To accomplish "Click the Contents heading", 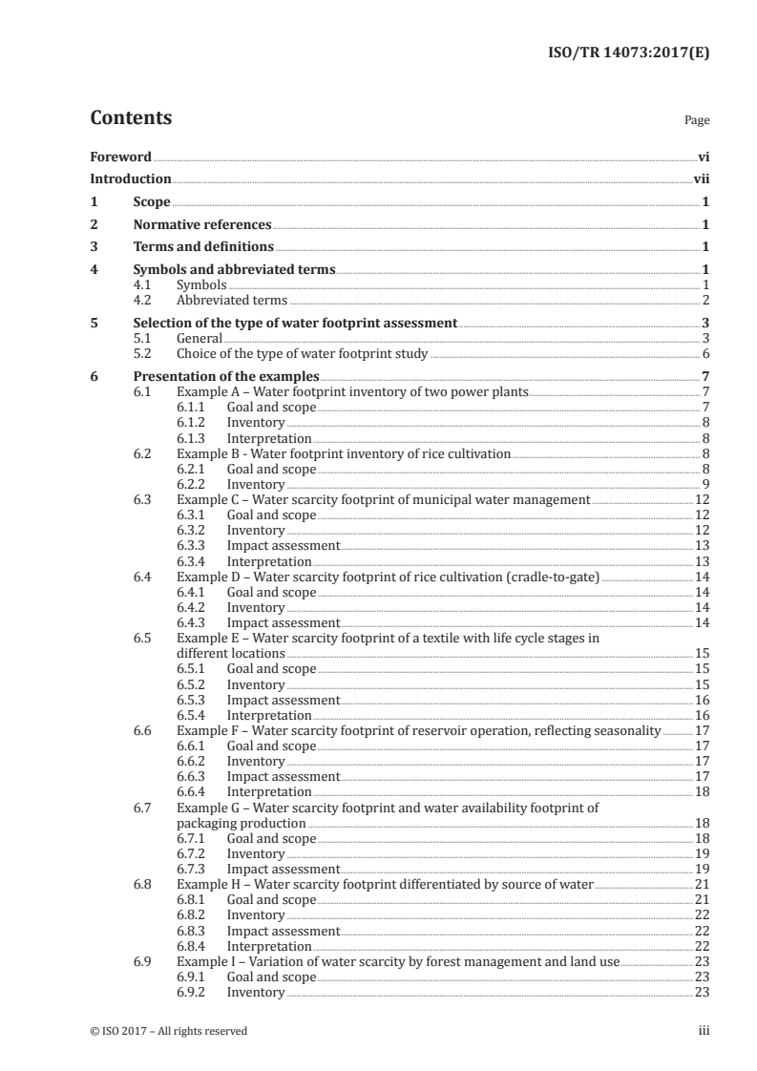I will (x=131, y=119).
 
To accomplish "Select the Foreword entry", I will (x=120, y=156).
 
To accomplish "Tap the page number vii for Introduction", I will (x=701, y=178).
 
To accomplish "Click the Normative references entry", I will (x=202, y=225).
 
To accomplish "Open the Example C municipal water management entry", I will (x=383, y=499).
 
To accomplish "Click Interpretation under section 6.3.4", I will (x=268, y=561).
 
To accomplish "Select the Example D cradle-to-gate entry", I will (x=389, y=577).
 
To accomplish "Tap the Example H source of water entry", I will (x=385, y=885).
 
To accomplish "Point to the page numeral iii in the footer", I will (x=704, y=1031).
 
